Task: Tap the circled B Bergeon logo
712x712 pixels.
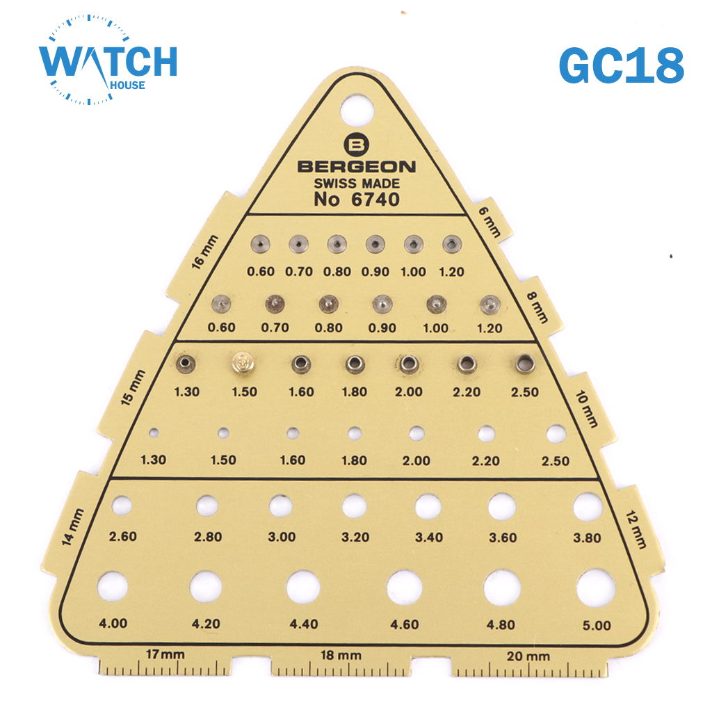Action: [357, 145]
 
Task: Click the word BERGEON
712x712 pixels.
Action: [357, 167]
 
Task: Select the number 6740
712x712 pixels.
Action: [375, 200]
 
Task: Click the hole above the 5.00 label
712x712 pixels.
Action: [596, 588]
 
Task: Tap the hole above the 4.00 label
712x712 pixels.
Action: [113, 585]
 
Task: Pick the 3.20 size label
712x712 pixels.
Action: [355, 537]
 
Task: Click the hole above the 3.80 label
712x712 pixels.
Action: [588, 507]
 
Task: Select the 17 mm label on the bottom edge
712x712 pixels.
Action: [165, 654]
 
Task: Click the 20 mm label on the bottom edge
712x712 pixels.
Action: [528, 656]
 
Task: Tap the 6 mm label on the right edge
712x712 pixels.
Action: [490, 222]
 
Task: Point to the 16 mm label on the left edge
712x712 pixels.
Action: [204, 252]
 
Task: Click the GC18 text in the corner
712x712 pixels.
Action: [621, 65]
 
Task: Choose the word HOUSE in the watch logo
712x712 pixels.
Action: [128, 85]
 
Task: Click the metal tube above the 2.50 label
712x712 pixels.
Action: [526, 364]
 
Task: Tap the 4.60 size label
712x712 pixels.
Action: [404, 624]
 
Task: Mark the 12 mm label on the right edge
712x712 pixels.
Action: [636, 529]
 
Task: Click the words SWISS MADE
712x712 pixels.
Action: [357, 184]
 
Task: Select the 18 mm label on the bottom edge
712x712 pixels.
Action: [341, 655]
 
